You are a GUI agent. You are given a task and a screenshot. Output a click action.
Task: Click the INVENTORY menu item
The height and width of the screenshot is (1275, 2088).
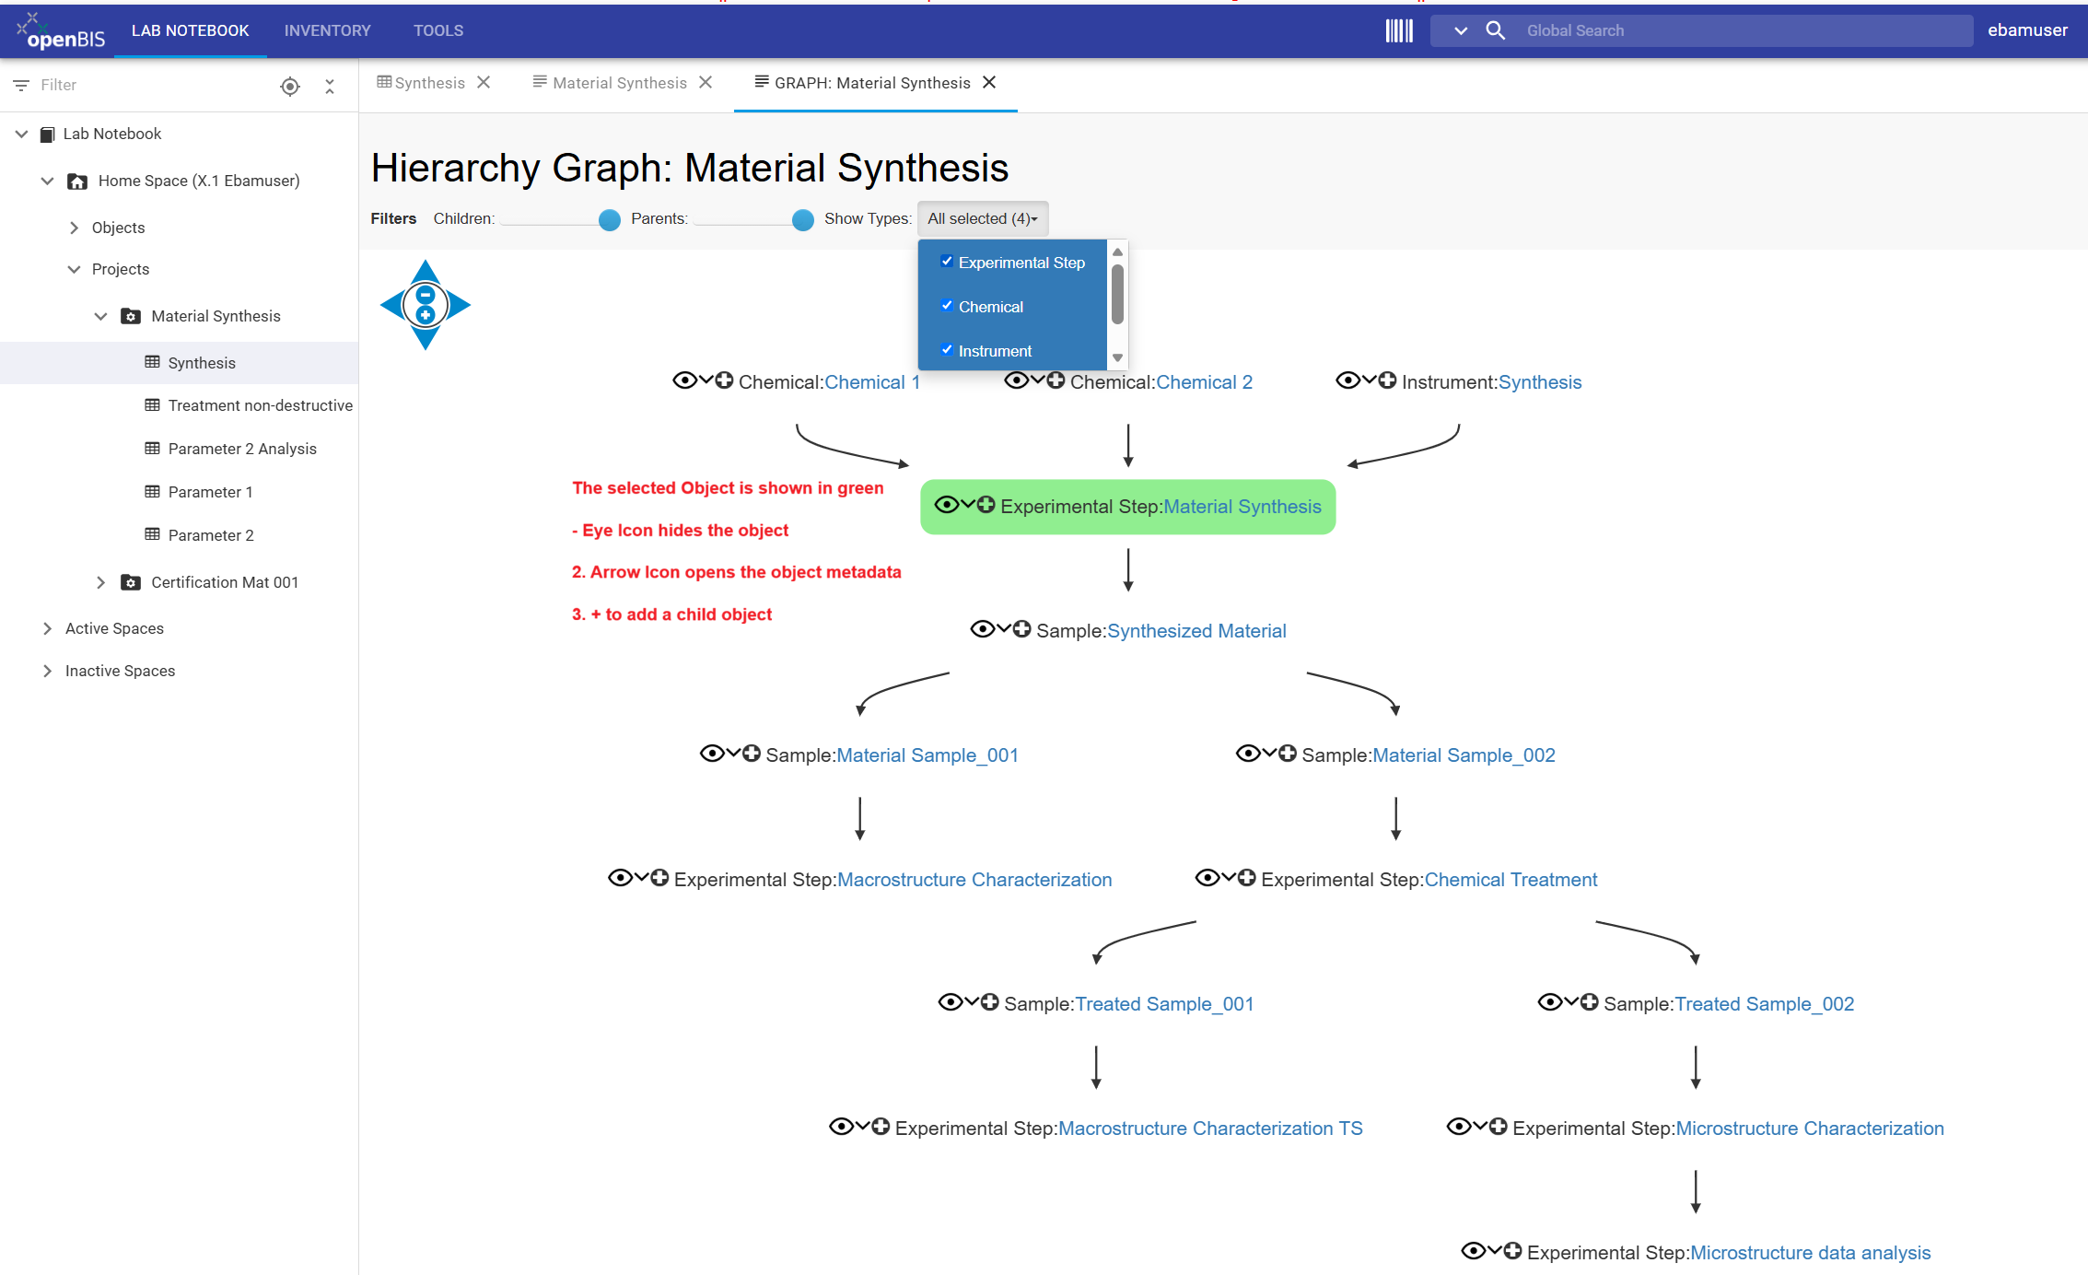click(x=327, y=30)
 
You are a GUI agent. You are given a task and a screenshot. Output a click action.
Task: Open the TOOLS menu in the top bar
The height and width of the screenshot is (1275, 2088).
click(x=438, y=30)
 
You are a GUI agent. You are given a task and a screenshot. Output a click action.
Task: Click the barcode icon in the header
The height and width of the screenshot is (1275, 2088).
click(x=1398, y=30)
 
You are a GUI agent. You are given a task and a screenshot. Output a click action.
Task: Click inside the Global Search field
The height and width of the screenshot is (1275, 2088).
click(x=1741, y=30)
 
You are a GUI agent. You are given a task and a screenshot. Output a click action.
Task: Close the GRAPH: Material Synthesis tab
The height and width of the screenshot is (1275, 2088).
click(x=989, y=82)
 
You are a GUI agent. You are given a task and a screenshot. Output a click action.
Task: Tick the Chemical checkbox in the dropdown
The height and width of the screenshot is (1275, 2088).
click(x=947, y=306)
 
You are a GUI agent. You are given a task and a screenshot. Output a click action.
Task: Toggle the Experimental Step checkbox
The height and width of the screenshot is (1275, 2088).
click(x=947, y=262)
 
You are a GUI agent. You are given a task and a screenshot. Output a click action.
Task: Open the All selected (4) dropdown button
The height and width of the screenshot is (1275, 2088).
click(x=983, y=218)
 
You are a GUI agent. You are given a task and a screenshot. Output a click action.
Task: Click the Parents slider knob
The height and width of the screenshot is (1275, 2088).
click(x=803, y=219)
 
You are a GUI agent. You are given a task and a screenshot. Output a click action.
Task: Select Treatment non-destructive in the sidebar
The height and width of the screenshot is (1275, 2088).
click(x=261, y=405)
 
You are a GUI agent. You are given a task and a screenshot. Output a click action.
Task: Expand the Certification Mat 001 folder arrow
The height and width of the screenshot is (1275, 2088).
click(x=100, y=582)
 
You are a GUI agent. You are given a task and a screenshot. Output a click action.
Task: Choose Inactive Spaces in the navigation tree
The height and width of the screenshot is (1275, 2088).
click(x=120, y=671)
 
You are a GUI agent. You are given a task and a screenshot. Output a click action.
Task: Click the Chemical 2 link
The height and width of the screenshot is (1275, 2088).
click(x=1204, y=382)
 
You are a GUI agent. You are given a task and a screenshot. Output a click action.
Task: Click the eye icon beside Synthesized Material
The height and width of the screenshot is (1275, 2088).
click(x=982, y=629)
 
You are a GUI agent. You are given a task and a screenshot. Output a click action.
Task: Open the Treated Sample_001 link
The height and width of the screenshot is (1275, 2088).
click(x=1164, y=1004)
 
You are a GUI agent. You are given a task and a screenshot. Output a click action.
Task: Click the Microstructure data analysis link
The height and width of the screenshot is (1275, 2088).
click(x=1810, y=1253)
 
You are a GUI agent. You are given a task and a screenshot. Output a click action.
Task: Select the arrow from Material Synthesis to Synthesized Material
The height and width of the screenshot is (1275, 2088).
click(x=1128, y=569)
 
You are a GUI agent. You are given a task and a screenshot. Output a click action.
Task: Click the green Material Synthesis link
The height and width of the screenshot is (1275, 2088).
click(x=1242, y=507)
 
